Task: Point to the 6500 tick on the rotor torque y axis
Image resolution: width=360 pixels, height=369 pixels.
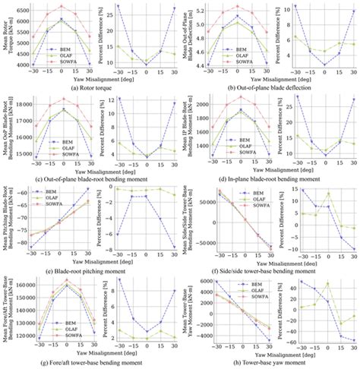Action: coord(24,11)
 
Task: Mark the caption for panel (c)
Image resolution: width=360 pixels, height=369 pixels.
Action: coord(89,178)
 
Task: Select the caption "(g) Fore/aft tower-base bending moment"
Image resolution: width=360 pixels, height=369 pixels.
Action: coord(89,362)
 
